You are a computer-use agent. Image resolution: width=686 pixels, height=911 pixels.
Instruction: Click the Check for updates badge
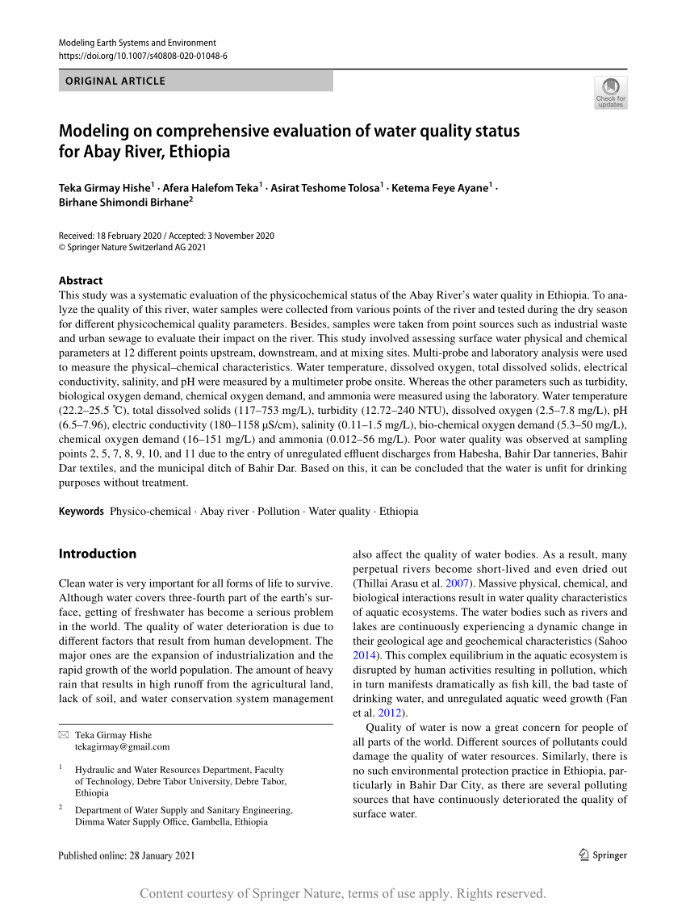coord(610,93)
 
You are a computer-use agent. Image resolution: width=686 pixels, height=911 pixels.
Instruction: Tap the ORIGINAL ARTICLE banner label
coord(115,81)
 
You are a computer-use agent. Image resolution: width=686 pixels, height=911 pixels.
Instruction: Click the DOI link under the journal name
coord(143,56)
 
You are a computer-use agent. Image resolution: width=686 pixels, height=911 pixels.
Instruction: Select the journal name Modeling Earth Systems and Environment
coord(137,43)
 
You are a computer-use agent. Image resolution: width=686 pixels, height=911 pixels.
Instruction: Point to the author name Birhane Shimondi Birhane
coord(123,203)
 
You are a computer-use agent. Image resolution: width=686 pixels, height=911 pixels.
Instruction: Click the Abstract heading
coord(81,281)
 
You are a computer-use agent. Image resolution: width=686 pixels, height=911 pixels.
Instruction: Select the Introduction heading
coord(98,554)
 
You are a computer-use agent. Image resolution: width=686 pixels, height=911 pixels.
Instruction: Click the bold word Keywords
coord(82,511)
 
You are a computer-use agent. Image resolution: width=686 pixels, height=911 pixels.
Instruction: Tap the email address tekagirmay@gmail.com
coord(122,746)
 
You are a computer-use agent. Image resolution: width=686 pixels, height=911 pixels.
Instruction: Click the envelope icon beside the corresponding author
coord(64,735)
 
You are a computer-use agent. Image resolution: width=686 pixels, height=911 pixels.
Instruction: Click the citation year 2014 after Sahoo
coord(364,655)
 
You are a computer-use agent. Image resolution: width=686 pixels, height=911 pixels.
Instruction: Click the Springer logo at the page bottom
coord(602,855)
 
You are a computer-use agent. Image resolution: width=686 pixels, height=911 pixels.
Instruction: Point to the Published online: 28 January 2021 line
coord(127,855)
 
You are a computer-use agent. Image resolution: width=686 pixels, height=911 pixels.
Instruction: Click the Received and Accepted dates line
coord(166,236)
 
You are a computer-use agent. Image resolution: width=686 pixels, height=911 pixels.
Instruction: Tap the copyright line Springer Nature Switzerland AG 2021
coord(132,247)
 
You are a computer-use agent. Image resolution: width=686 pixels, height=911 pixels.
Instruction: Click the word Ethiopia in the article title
coord(200,152)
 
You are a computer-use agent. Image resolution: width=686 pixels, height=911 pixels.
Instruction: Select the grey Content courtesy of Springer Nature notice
coord(343,893)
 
